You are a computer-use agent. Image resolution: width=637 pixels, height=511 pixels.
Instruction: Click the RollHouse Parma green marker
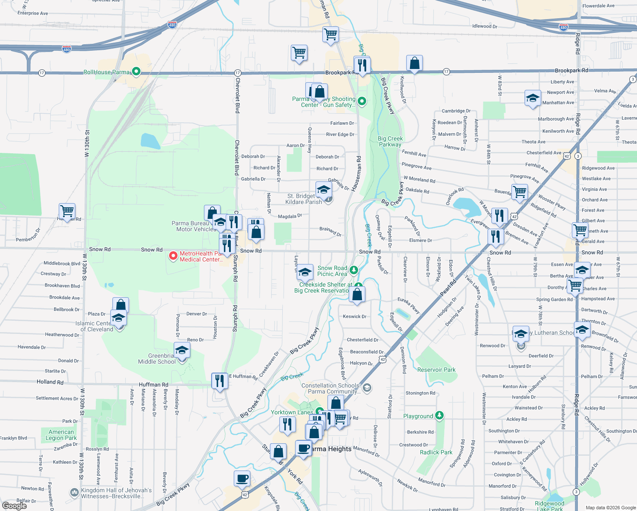point(136,72)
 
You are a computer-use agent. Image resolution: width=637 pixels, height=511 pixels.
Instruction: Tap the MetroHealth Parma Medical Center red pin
point(173,256)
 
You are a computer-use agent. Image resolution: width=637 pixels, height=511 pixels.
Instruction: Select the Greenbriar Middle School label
point(157,359)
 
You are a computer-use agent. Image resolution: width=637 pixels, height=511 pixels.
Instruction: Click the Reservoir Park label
point(436,370)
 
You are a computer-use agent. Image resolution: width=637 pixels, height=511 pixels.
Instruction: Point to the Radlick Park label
point(436,452)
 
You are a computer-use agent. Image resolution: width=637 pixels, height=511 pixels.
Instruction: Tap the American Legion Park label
point(61,435)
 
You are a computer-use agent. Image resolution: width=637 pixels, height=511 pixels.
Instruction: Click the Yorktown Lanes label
point(292,412)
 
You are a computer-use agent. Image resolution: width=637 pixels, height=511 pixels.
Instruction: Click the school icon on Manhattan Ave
point(532,98)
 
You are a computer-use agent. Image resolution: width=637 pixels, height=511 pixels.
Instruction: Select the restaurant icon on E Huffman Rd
point(219,380)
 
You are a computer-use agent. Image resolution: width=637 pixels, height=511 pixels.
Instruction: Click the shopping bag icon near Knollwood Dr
point(414,63)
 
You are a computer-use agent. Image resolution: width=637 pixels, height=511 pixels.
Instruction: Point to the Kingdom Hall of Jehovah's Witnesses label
point(116,493)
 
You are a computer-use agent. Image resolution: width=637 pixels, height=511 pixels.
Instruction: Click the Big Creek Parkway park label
point(390,141)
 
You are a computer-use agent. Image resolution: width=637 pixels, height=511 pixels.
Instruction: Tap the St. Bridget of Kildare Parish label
point(304,199)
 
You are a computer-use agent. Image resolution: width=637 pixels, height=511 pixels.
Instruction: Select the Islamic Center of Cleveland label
point(94,326)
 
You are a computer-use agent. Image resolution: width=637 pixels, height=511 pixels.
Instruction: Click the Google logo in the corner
point(14,505)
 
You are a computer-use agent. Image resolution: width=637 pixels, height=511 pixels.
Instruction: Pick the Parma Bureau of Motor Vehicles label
point(194,226)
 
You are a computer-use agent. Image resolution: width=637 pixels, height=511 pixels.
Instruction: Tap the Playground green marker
point(439,415)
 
